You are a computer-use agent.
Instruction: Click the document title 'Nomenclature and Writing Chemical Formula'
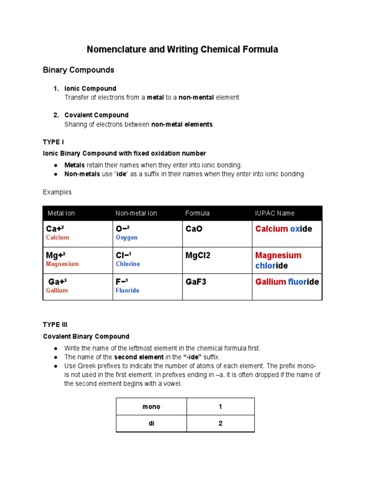(182, 49)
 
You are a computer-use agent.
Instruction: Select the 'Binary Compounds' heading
(78, 70)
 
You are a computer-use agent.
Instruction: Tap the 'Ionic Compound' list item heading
(90, 88)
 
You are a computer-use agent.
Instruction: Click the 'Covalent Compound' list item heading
(96, 115)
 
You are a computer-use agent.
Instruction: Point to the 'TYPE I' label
(54, 141)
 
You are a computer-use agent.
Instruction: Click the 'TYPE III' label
(55, 325)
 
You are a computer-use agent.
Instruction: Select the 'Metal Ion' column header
(61, 213)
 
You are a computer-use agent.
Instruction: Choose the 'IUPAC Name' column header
(275, 213)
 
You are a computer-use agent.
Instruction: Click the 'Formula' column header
(197, 213)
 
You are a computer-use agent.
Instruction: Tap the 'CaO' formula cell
(194, 229)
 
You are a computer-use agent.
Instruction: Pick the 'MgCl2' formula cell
(198, 255)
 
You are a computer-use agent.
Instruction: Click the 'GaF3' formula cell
(195, 282)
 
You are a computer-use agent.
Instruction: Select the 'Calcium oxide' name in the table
(284, 229)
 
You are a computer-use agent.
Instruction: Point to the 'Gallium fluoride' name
(287, 282)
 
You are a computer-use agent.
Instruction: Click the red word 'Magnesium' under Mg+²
(62, 264)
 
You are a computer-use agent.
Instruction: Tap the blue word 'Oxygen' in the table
(126, 237)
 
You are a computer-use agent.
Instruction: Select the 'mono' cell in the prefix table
(151, 406)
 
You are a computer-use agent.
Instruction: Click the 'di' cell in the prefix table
(151, 423)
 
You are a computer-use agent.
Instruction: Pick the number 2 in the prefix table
(221, 423)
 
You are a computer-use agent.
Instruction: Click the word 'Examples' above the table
(57, 192)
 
